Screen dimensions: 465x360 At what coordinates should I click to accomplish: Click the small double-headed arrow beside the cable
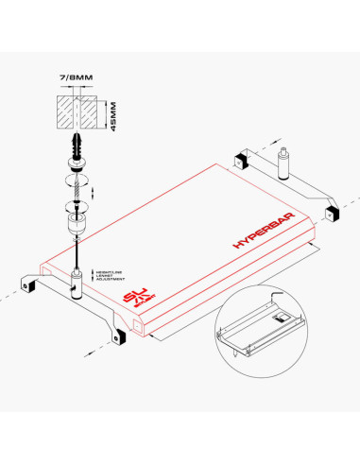(x=92, y=193)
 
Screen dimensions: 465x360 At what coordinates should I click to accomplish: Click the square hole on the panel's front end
(x=139, y=327)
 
